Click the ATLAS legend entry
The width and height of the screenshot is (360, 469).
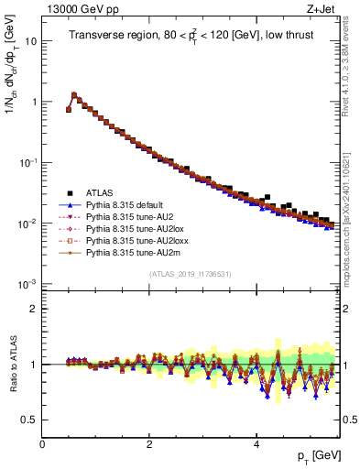(101, 193)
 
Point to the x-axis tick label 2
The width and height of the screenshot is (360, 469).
(149, 443)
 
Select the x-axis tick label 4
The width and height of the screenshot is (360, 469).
(256, 443)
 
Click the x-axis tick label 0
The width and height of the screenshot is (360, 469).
(42, 443)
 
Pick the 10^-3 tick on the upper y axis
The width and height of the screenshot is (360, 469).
(27, 283)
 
